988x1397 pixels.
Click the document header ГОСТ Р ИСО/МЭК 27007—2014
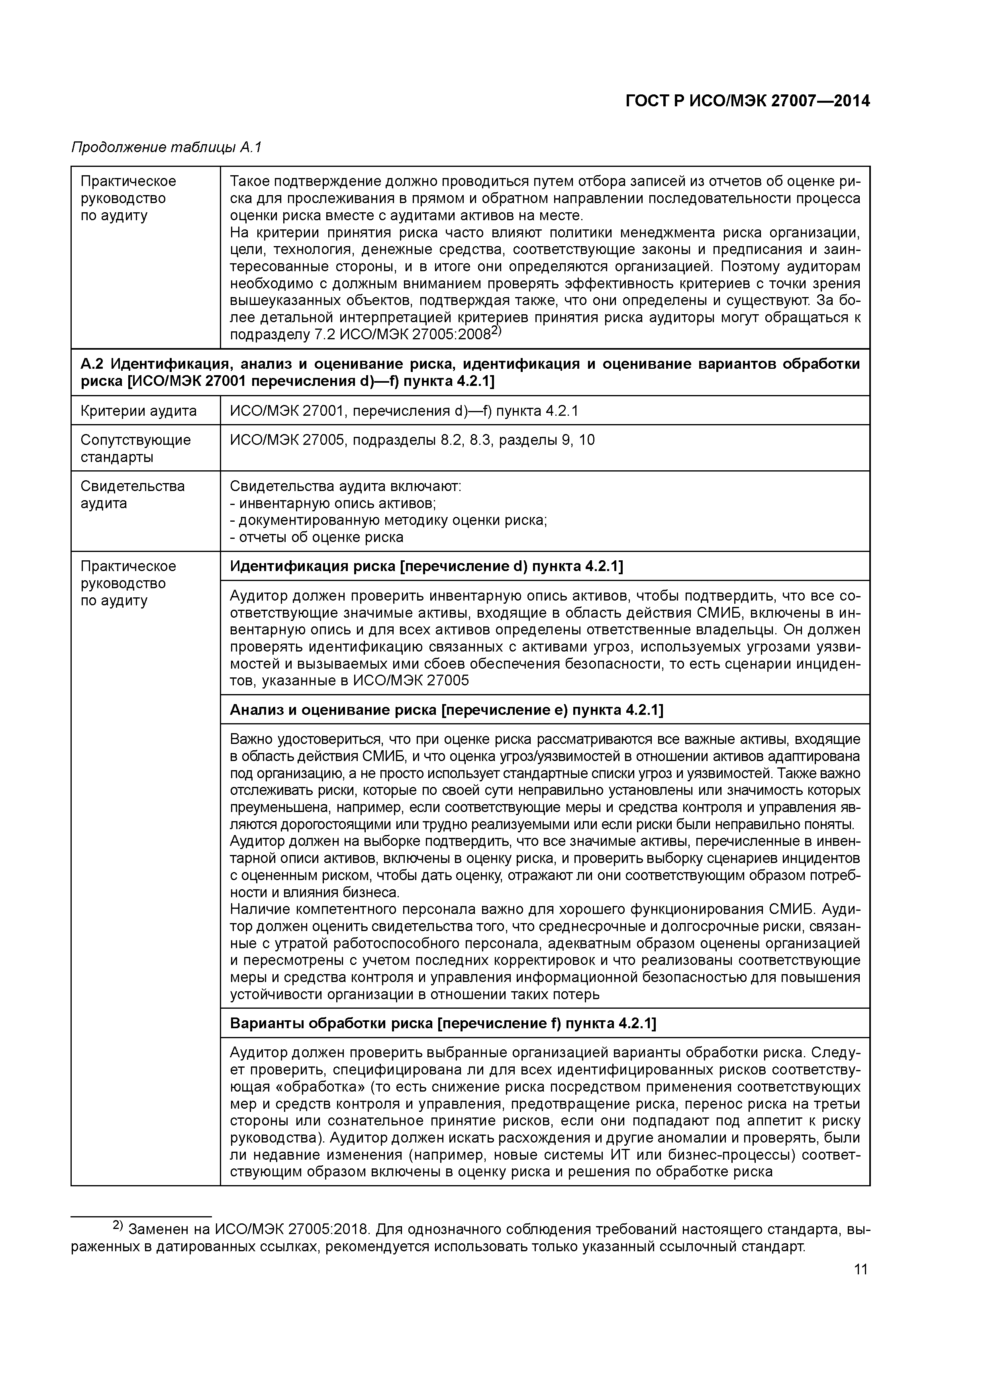[x=747, y=101]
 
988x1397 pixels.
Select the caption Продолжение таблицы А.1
[x=166, y=147]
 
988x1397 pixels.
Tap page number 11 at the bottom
[x=860, y=1269]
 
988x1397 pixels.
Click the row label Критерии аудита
[x=139, y=411]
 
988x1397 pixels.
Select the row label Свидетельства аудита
[x=133, y=494]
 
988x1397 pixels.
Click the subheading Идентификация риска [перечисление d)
[x=426, y=566]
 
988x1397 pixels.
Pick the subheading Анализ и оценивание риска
[x=446, y=710]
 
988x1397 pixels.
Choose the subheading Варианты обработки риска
[x=443, y=1023]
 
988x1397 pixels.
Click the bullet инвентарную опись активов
[x=333, y=503]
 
